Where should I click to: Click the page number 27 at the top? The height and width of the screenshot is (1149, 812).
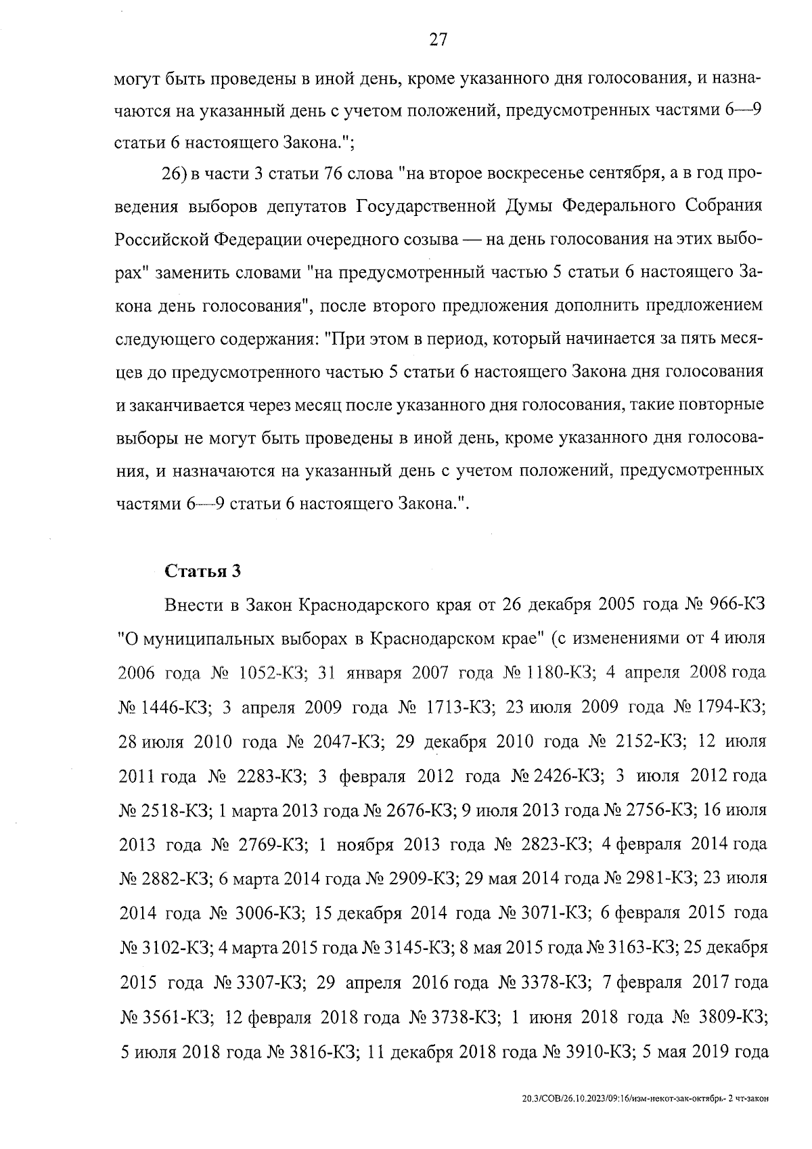point(438,39)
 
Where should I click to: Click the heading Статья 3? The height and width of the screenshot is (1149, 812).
point(202,571)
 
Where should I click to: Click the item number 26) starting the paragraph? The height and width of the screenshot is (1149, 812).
point(174,173)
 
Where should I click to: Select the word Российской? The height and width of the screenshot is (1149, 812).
point(161,240)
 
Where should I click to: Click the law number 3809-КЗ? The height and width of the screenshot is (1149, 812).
point(729,1018)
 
